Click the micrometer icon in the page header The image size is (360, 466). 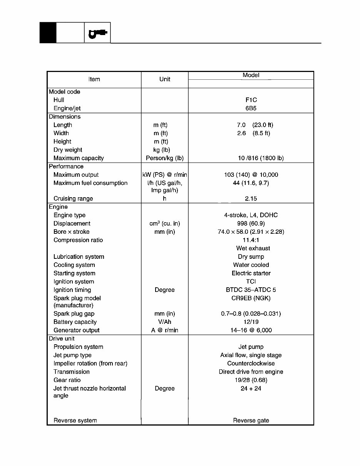pos(97,34)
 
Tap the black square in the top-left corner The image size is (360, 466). pos(48,33)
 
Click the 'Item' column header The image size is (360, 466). pos(94,79)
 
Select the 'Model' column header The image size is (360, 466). pos(251,75)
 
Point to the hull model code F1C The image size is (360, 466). pos(251,100)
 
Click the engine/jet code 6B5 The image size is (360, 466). pos(251,109)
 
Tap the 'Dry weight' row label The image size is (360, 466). pos(68,150)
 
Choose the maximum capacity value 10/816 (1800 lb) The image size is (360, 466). pos(261,158)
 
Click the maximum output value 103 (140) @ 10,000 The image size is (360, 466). pos(251,175)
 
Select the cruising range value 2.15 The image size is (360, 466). pos(251,199)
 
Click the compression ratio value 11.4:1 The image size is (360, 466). pos(251,240)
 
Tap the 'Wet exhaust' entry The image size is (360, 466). pos(253,248)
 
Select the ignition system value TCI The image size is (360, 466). pos(251,282)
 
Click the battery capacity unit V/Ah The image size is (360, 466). pos(164,322)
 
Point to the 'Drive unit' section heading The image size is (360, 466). pos(62,339)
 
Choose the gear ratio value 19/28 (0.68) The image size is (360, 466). pos(251,380)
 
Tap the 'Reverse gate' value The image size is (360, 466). pos(251,421)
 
